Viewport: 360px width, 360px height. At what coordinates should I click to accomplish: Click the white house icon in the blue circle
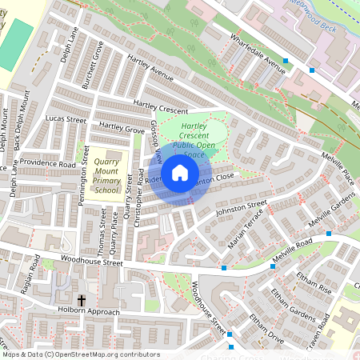tap(180, 173)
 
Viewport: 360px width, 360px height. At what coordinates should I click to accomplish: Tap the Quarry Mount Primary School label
tap(106, 174)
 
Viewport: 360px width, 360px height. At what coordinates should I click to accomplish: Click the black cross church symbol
tap(82, 300)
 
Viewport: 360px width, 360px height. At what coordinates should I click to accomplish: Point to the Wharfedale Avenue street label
tap(258, 52)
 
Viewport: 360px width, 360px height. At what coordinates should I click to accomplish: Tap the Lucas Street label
tap(66, 119)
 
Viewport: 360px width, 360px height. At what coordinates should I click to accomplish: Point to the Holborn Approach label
tap(88, 311)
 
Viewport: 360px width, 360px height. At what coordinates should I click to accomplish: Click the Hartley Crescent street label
tap(161, 107)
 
